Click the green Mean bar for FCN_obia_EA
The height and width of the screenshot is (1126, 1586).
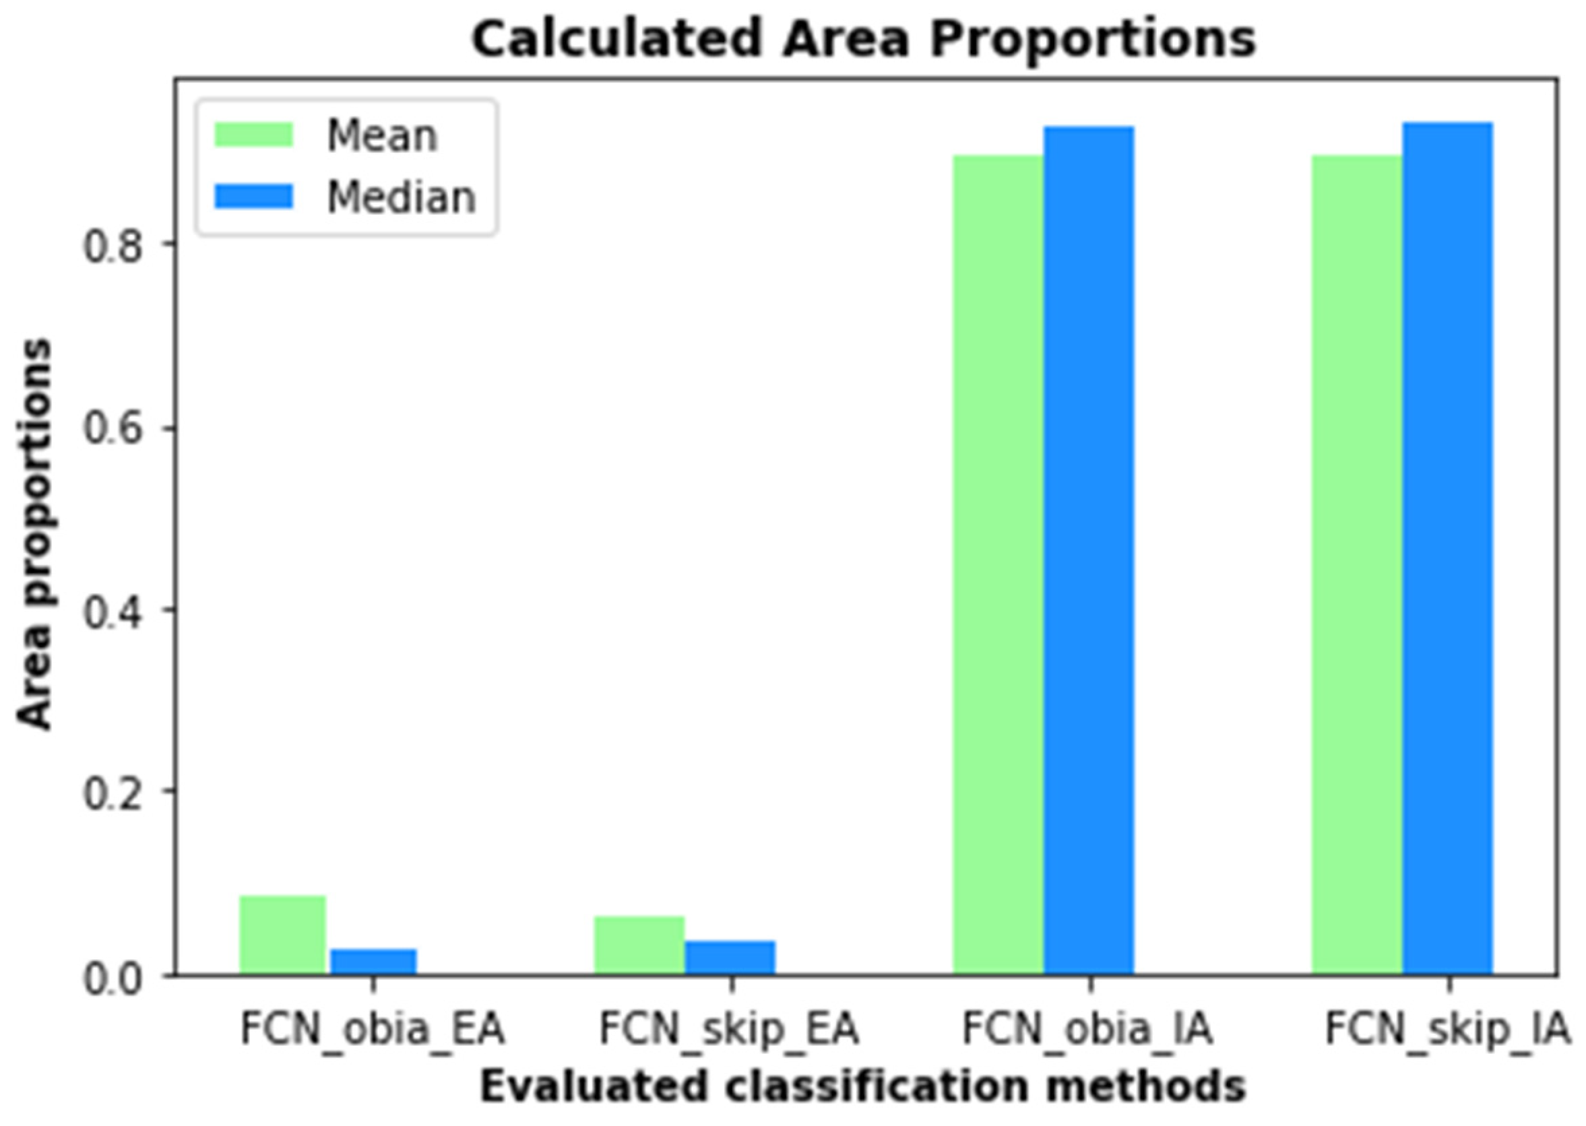pyautogui.click(x=283, y=935)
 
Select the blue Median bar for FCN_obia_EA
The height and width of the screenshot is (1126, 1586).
pyautogui.click(x=373, y=962)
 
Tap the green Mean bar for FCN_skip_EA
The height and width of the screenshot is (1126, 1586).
pyautogui.click(x=639, y=946)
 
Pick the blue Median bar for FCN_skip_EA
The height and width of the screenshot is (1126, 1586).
pyautogui.click(x=730, y=958)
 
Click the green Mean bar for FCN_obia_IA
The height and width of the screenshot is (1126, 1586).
pyautogui.click(x=998, y=565)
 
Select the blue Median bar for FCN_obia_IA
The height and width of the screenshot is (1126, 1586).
pyautogui.click(x=1089, y=551)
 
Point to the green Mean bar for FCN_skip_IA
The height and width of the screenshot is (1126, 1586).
pyautogui.click(x=1356, y=565)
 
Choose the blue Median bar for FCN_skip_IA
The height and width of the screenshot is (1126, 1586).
pyautogui.click(x=1447, y=549)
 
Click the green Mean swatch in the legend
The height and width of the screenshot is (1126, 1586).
pyautogui.click(x=254, y=135)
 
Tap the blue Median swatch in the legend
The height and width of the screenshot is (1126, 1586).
pyautogui.click(x=254, y=196)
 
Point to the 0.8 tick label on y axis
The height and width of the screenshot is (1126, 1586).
pyautogui.click(x=113, y=246)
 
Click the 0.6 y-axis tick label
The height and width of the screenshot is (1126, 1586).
pyautogui.click(x=113, y=428)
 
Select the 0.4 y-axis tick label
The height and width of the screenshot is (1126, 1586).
pyautogui.click(x=113, y=611)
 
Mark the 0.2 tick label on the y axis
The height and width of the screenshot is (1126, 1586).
pyautogui.click(x=113, y=793)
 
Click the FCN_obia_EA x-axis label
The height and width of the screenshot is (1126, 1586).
pyautogui.click(x=373, y=1030)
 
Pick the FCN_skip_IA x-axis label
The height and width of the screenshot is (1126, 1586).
pyautogui.click(x=1447, y=1030)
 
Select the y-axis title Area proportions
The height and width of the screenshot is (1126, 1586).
pyautogui.click(x=34, y=534)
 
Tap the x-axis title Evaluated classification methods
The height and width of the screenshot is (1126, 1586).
pyautogui.click(x=862, y=1087)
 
